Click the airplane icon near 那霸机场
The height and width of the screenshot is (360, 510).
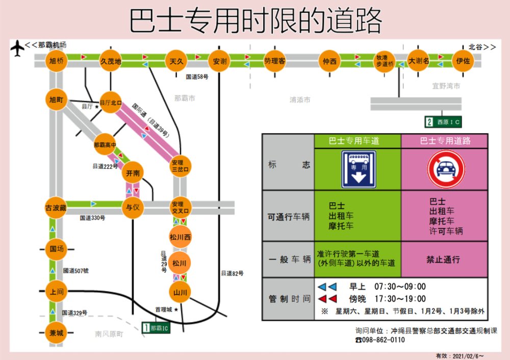tap(17, 48)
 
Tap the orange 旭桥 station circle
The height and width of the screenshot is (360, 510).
tap(57, 61)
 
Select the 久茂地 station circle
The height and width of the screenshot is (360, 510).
tap(111, 61)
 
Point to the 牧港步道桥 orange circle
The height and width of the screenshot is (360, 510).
tap(385, 61)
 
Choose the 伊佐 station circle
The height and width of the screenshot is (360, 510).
tap(463, 61)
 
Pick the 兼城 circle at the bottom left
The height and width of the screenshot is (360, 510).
tap(57, 333)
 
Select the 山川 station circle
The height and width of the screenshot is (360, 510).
tap(180, 292)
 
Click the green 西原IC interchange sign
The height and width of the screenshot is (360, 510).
tap(443, 121)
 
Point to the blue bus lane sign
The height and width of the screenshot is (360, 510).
tap(358, 169)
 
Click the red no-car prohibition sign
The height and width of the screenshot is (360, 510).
tap(446, 169)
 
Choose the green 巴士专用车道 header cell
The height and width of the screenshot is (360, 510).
tap(358, 141)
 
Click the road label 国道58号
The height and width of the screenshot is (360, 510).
tap(197, 76)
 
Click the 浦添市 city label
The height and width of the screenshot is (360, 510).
tap(300, 100)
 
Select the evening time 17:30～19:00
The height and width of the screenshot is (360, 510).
tap(400, 298)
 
